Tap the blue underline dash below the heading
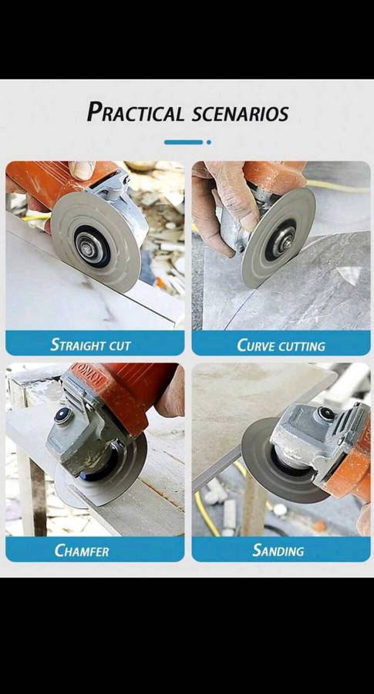coord(184,142)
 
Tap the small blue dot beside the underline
coord(208,142)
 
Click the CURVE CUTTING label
coord(281,344)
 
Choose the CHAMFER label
coord(83,551)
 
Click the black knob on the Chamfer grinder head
coord(62,416)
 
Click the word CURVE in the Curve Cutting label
coord(256,344)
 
